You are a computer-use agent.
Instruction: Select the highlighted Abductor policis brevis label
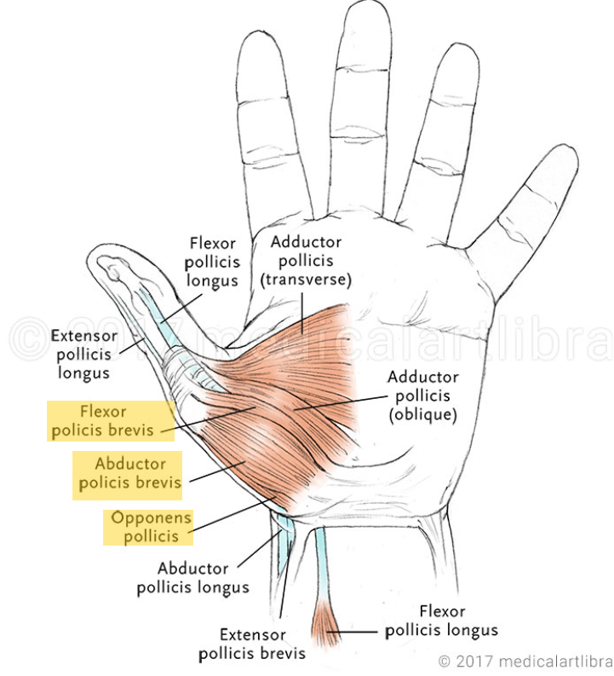[127, 474]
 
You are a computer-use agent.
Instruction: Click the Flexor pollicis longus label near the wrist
[442, 621]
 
